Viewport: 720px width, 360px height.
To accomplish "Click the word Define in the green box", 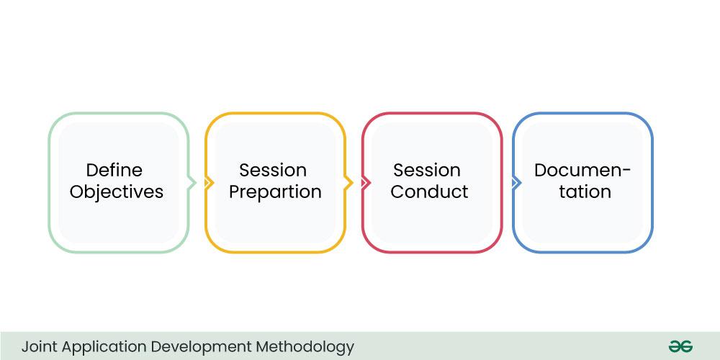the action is (114, 171).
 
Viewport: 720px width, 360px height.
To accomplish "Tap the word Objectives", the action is (117, 192).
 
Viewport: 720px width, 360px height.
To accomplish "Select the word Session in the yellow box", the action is (273, 171).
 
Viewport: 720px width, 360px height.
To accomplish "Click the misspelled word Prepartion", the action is (275, 192).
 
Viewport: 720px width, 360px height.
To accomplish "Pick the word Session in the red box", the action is (426, 171).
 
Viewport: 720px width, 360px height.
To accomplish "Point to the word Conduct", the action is (429, 192).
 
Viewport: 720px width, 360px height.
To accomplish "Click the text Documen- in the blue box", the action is (582, 171).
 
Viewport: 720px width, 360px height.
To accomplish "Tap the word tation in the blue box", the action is (585, 192).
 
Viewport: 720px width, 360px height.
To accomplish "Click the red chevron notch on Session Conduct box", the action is (366, 183).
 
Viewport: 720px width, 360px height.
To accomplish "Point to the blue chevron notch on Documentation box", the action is (516, 183).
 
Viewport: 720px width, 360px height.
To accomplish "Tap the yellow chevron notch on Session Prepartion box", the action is (209, 183).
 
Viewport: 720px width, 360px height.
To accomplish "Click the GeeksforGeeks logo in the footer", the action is (680, 346).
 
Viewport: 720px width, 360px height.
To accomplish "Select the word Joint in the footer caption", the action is (40, 346).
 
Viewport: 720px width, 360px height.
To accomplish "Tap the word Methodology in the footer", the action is (305, 347).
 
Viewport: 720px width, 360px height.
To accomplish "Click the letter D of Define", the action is (92, 171).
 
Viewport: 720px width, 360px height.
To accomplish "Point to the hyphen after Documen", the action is (626, 172).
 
